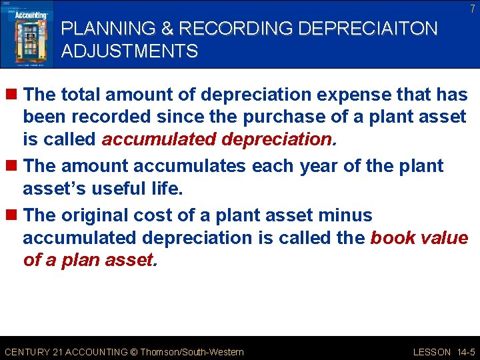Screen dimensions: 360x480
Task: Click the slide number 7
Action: click(x=471, y=9)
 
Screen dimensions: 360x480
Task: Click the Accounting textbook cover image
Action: click(x=27, y=33)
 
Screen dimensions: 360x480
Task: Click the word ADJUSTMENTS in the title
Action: click(x=130, y=51)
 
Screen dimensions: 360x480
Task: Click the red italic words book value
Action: click(x=419, y=238)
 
